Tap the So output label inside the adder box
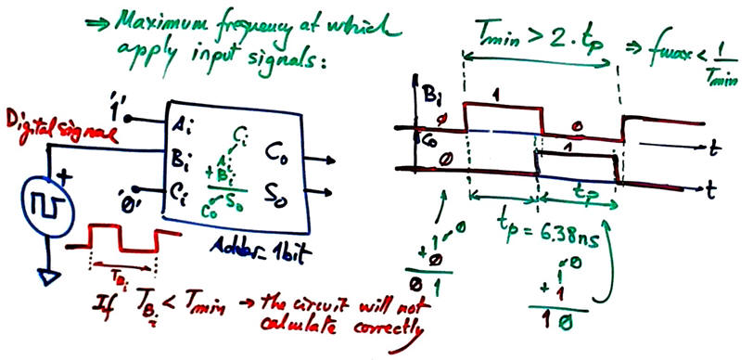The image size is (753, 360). coord(278,193)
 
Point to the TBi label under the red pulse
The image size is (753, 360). coord(119,274)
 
